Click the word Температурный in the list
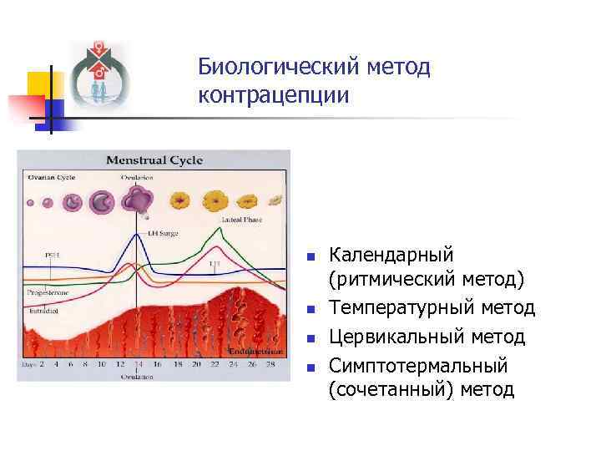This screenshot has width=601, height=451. pos(402,308)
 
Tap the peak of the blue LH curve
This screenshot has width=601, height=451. pos(136,235)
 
